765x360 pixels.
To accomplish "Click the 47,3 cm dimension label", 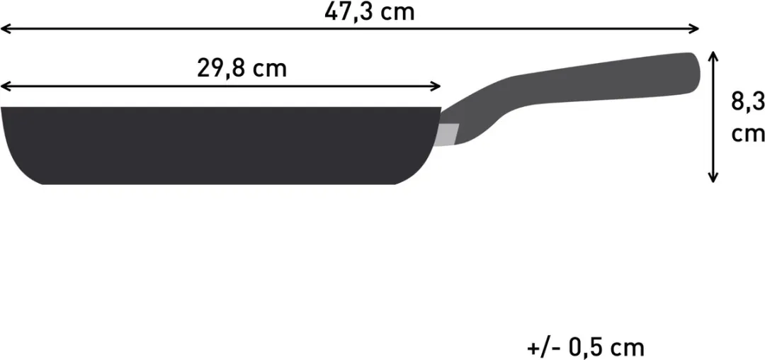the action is pos(369,12).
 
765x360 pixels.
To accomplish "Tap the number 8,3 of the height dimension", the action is pos(747,103).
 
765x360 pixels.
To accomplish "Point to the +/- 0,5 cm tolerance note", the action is pos(586,348).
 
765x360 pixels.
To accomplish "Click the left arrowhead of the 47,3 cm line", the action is pos(5,29).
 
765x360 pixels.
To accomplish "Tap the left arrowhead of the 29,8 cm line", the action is pos(5,87).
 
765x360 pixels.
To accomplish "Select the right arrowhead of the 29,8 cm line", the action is pos(436,87).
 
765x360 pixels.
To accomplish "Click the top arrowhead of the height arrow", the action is pos(714,55).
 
